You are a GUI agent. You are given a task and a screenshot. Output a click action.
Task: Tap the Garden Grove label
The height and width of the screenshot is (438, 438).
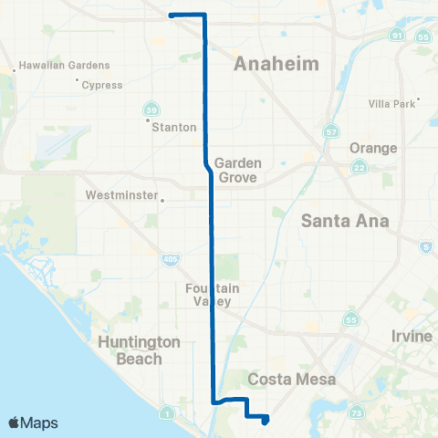point(239,171)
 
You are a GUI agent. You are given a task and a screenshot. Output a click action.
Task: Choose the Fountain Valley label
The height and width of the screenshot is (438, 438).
point(212,296)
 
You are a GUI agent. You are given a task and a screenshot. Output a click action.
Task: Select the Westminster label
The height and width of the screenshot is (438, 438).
point(122,195)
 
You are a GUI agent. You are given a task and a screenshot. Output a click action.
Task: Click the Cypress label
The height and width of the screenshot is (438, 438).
point(101,84)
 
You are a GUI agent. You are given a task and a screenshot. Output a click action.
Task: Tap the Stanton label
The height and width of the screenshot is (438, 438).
point(173,127)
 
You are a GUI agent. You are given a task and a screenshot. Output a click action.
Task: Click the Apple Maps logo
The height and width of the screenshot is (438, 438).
point(33,422)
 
